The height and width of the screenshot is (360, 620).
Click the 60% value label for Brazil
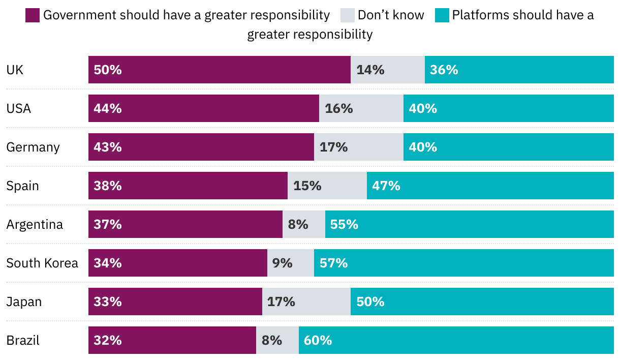318,340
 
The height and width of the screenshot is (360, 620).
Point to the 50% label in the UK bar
108,70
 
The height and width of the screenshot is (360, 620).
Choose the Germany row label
33,147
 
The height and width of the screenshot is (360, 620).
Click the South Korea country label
42,263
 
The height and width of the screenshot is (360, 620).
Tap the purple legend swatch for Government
33,16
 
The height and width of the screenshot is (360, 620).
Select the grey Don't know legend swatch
347,16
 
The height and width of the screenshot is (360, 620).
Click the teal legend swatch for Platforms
442,16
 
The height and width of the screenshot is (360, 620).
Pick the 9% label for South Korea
283,263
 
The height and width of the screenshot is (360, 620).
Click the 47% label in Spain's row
386,186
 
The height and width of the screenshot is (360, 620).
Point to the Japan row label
24,302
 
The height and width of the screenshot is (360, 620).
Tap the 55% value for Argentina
344,224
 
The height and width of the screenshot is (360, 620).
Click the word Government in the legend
80,15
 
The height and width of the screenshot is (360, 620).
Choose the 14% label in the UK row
370,70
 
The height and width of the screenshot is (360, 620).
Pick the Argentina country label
35,224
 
